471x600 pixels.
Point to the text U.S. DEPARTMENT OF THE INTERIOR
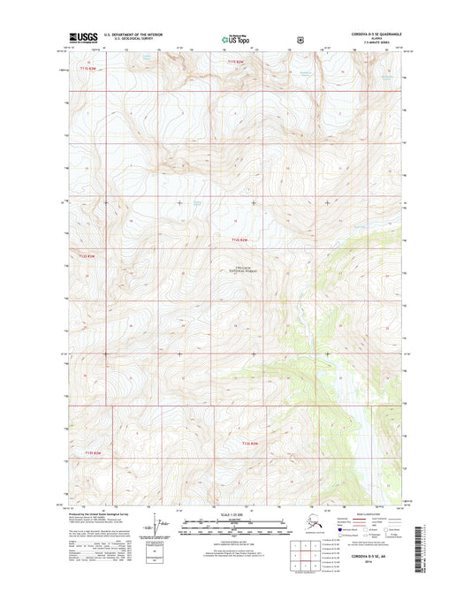pyautogui.click(x=133, y=35)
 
